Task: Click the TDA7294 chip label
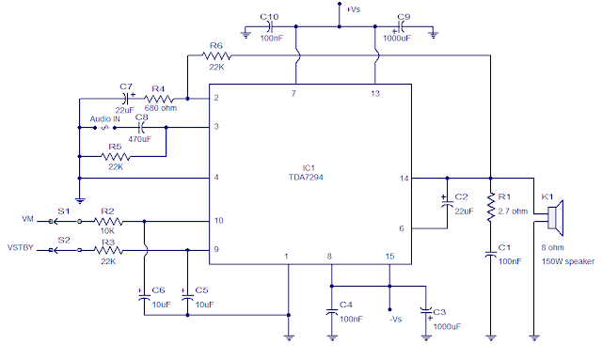coord(308,176)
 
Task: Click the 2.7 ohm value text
coord(515,211)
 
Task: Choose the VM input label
coord(27,221)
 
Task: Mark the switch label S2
coord(64,240)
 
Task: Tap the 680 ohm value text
coord(161,108)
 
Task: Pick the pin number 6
coord(402,228)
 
